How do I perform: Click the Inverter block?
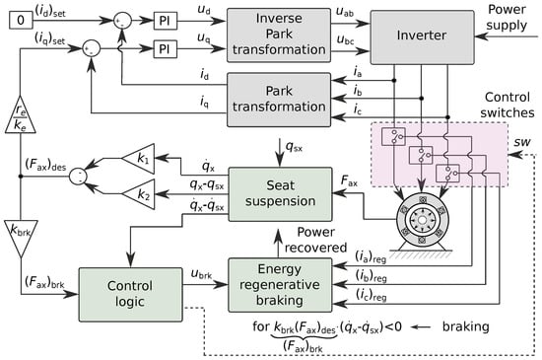coord(422,37)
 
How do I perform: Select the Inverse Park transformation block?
coord(279,36)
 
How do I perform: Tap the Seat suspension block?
coord(280,194)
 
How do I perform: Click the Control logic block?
coord(130,294)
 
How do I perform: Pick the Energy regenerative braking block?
coord(280,285)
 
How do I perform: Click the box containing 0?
coord(21,20)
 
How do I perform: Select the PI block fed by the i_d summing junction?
coord(166,21)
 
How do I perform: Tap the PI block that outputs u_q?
coord(166,48)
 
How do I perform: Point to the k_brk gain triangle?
coord(21,236)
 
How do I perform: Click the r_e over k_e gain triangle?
coord(21,117)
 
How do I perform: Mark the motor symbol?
coord(422,222)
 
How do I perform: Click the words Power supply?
coord(507,17)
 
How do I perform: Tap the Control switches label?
coord(508,105)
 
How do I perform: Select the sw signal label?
coord(522,142)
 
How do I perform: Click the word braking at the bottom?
coord(465,326)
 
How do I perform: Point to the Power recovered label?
coord(315,240)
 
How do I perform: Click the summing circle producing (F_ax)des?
coord(78,177)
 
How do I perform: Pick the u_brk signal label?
coord(201,273)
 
